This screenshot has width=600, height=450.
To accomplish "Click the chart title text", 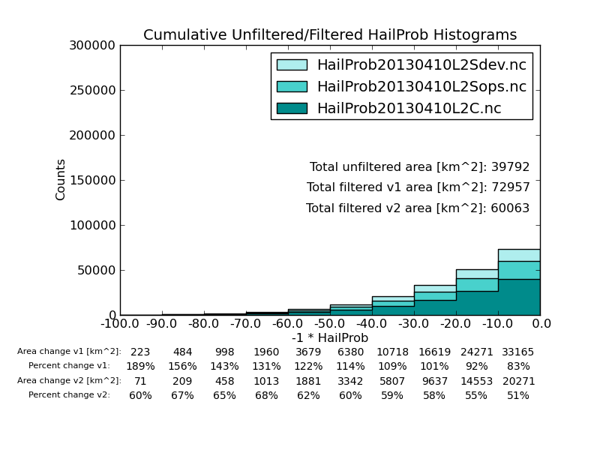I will click(330, 35).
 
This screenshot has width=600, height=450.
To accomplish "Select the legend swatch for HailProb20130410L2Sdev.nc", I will click(292, 65).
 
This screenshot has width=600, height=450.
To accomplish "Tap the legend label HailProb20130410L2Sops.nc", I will click(421, 87).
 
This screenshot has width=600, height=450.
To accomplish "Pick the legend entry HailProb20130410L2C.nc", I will click(409, 109).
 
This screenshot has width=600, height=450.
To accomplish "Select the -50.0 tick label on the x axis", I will click(330, 324).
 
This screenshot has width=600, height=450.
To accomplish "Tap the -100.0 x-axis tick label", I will click(120, 324).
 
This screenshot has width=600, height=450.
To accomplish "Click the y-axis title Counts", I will click(61, 179).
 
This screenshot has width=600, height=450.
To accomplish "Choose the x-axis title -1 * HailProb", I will click(330, 338).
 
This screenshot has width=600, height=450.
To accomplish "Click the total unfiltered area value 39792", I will click(511, 167).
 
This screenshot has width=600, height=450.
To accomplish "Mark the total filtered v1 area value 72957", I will click(511, 187).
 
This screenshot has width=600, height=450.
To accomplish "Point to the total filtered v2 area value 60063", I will click(511, 208).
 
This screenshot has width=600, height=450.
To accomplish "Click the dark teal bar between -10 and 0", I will click(519, 297).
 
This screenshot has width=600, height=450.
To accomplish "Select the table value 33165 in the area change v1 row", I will click(518, 352).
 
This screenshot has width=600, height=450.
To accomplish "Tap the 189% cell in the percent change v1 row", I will click(140, 367).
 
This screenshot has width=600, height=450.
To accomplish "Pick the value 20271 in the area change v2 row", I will click(518, 381).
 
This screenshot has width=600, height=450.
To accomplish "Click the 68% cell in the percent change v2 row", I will click(266, 396).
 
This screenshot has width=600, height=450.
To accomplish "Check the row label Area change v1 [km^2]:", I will click(69, 352).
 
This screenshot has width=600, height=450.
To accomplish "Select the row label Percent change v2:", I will click(69, 395).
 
